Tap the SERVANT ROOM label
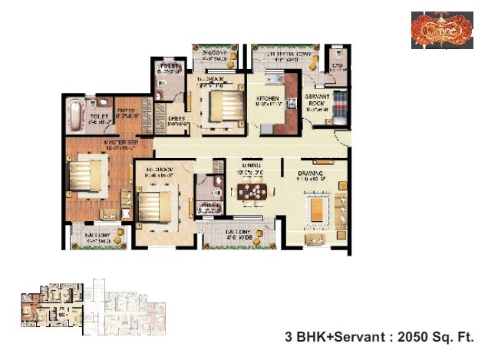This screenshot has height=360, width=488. (x=316, y=102)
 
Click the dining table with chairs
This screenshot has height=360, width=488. (x=252, y=193)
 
